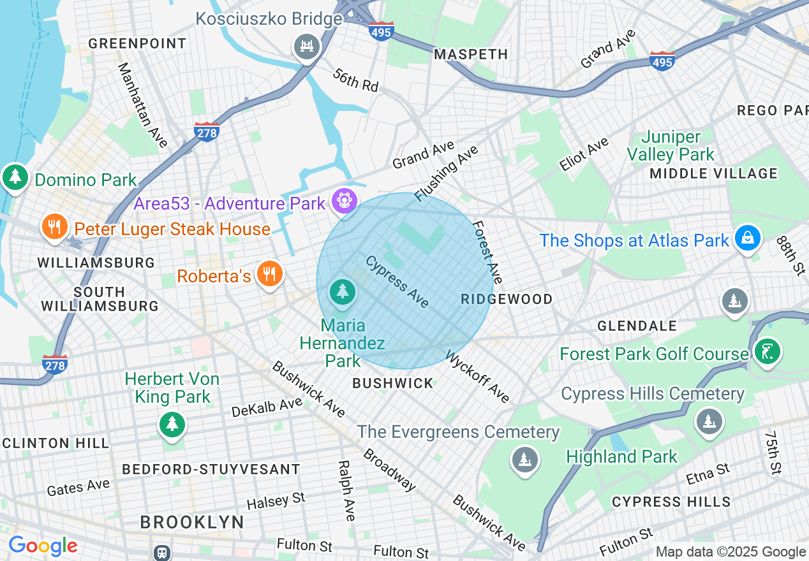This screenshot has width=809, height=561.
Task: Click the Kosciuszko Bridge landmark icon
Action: (x=307, y=47)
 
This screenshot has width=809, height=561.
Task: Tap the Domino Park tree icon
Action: (x=15, y=177)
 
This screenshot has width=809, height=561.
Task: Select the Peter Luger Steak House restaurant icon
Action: (x=55, y=226)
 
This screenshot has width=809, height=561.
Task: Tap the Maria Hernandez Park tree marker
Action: (x=343, y=292)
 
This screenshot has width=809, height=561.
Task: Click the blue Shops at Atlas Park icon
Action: (x=746, y=238)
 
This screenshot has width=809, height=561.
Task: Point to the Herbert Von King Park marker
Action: (x=172, y=423)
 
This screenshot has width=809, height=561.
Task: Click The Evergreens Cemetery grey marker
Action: (x=524, y=458)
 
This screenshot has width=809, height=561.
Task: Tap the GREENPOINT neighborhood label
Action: (x=137, y=43)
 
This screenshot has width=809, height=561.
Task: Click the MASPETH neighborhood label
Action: (x=471, y=55)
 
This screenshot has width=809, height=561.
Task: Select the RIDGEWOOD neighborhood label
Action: (x=507, y=299)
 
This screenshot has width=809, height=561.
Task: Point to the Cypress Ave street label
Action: (x=397, y=281)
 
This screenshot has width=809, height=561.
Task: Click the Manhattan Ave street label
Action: (x=142, y=105)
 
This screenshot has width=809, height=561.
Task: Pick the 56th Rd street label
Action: (x=355, y=79)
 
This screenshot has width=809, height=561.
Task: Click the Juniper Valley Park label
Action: (x=671, y=146)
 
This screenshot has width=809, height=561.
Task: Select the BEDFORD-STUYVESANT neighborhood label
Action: (x=211, y=469)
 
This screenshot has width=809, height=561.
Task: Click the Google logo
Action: (x=43, y=546)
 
